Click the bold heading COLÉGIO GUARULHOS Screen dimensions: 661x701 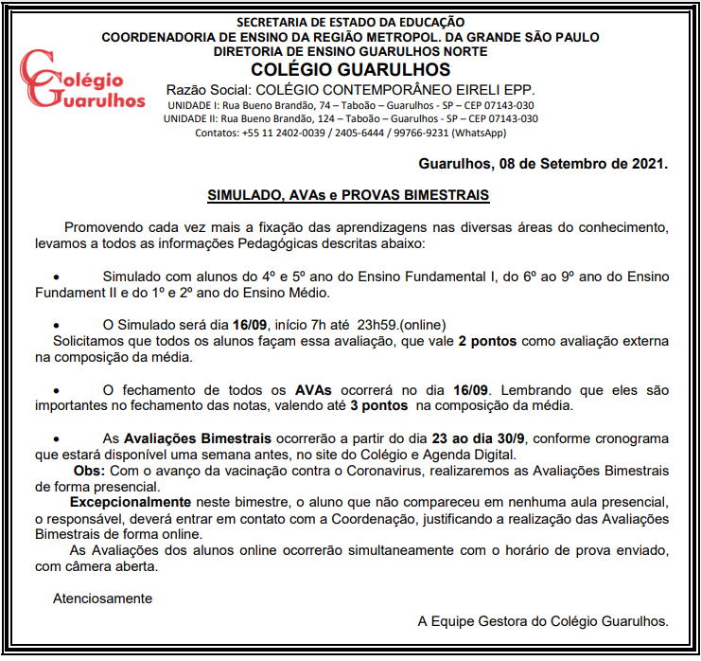351,70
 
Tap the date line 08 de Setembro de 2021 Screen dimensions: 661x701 543,164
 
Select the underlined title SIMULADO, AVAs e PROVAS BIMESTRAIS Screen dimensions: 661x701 348,195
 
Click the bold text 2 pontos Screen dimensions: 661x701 488,341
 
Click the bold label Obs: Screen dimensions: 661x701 89,470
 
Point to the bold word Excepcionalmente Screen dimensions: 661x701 131,501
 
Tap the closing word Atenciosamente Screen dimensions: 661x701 102,598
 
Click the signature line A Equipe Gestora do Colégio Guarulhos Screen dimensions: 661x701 543,622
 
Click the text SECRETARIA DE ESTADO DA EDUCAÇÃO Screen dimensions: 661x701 350,21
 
